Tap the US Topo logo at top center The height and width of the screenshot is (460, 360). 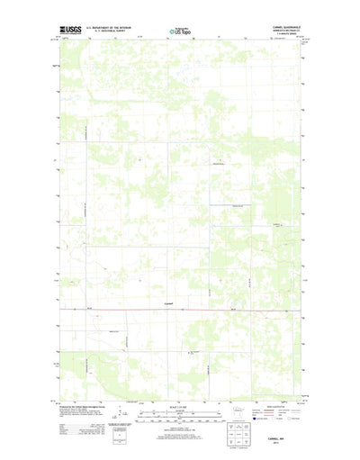[180, 32]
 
